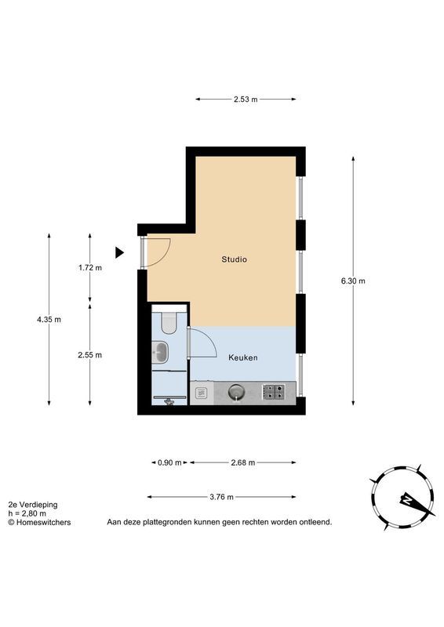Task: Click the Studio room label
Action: click(235, 259)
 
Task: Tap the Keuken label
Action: click(243, 357)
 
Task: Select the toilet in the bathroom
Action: click(167, 323)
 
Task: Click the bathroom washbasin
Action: click(162, 353)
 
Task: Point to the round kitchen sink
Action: click(235, 391)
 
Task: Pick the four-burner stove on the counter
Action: click(274, 391)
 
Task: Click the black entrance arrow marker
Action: click(119, 252)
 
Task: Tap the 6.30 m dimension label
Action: click(353, 281)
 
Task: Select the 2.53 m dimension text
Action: click(246, 100)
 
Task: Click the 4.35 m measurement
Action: click(49, 319)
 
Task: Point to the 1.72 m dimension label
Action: click(90, 267)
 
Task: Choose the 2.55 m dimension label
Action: click(90, 354)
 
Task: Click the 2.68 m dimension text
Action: click(244, 462)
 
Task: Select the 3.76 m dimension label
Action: click(222, 497)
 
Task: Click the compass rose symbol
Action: click(402, 499)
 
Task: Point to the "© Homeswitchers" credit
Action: click(38, 522)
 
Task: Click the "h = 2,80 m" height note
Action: click(28, 513)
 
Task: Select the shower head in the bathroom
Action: click(169, 399)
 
